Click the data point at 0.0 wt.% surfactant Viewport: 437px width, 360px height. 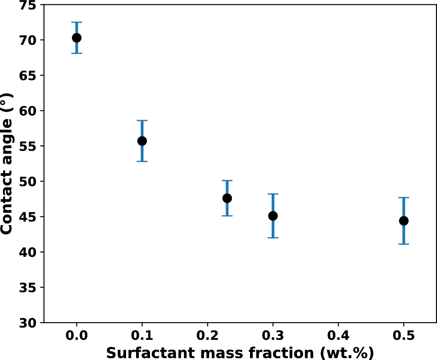click(77, 38)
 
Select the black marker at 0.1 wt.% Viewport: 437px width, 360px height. click(142, 141)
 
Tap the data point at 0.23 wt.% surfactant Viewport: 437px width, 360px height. click(227, 198)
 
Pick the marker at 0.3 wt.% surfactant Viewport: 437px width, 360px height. click(273, 216)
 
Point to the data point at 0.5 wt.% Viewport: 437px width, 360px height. click(404, 221)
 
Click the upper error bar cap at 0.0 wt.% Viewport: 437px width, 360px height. click(77, 22)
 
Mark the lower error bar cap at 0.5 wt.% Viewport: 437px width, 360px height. click(404, 244)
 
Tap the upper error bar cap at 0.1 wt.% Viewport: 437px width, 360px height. click(142, 121)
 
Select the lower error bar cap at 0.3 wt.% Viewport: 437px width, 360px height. click(273, 238)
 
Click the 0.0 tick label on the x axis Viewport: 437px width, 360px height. click(77, 336)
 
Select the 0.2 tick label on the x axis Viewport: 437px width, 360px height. click(207, 336)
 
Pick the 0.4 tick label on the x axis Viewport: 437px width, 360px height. click(338, 336)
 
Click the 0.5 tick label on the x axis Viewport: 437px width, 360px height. click(404, 336)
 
